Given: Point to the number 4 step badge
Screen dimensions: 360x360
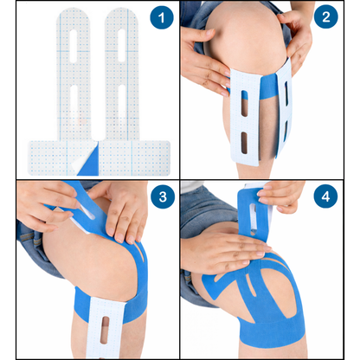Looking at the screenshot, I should (325, 198).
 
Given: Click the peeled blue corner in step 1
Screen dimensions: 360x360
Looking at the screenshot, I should (91, 156).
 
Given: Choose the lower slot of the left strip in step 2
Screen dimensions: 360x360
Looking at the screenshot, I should (246, 140).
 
